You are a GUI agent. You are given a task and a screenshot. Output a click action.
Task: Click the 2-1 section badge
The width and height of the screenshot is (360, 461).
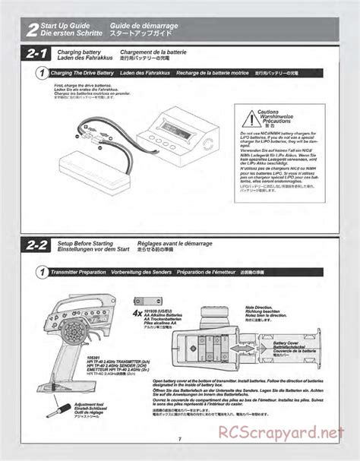tap(36, 54)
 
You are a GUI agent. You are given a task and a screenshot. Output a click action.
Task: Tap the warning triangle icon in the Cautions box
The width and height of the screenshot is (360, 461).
tap(251, 115)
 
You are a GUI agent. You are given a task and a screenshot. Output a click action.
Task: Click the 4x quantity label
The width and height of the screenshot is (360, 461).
tap(137, 311)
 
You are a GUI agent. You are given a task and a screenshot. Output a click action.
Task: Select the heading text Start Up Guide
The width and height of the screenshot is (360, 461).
tap(68, 26)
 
